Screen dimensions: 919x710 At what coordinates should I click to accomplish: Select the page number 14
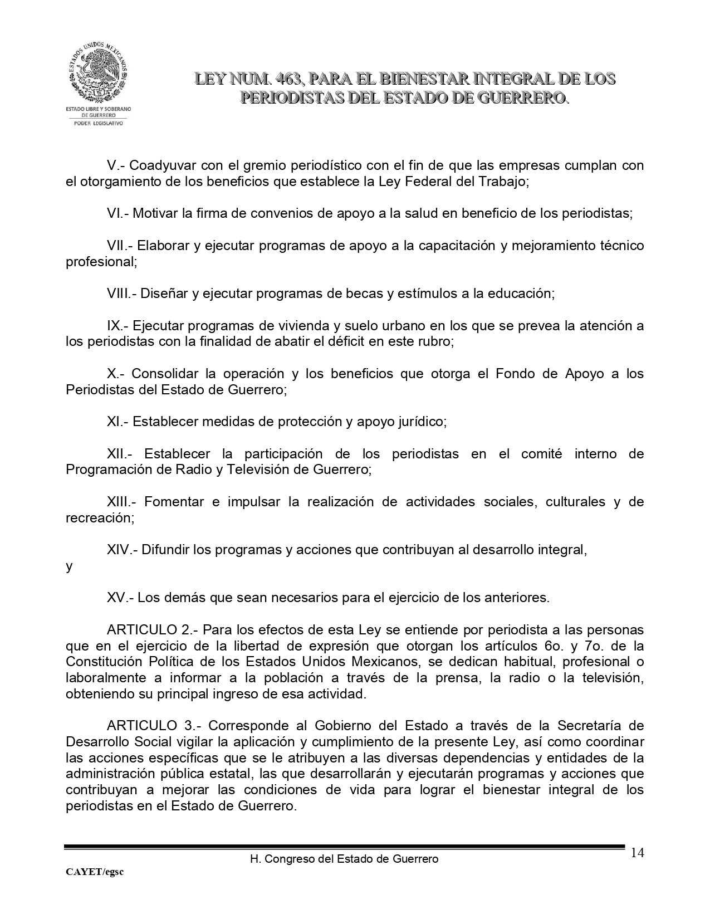click(638, 853)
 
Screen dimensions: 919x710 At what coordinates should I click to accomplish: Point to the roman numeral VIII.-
click(122, 294)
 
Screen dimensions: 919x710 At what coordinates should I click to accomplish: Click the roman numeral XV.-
click(120, 598)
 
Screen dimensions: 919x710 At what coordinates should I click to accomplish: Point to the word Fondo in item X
click(514, 373)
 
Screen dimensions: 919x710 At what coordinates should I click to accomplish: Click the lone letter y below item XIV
click(69, 567)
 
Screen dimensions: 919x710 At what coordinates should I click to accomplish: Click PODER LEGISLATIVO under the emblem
click(98, 123)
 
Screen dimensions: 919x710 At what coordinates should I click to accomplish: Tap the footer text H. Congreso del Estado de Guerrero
click(344, 859)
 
